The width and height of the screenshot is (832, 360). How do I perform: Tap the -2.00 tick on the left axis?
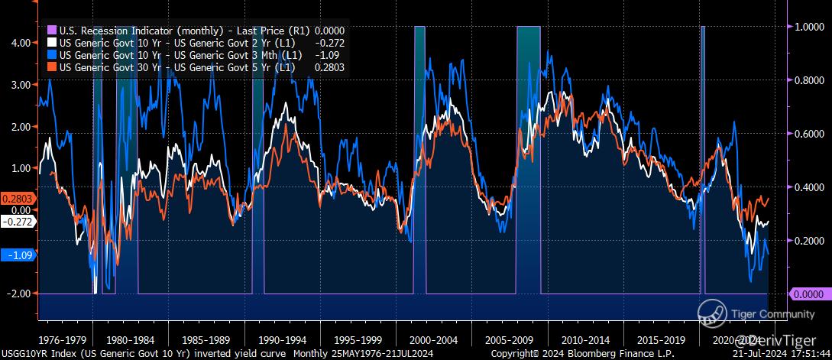(x=20, y=294)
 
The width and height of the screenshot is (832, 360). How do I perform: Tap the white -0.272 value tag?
(x=17, y=222)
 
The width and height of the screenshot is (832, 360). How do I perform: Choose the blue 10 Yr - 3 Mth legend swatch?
(x=52, y=56)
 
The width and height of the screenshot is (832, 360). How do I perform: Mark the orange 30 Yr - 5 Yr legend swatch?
(x=52, y=67)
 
